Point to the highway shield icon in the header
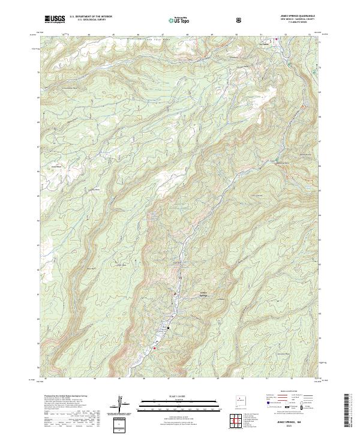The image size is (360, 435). click(239, 20)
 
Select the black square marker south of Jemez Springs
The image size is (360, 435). click(169, 328)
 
